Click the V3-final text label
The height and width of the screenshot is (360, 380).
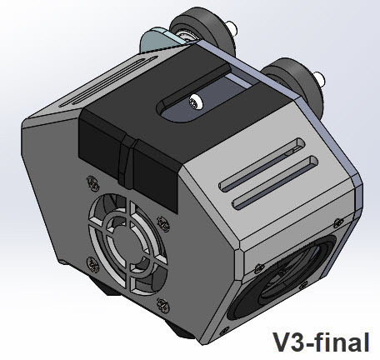point(321,342)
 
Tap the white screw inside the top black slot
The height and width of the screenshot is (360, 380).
point(196,102)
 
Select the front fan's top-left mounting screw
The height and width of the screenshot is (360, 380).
point(92,183)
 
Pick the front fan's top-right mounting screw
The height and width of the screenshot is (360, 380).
point(163,223)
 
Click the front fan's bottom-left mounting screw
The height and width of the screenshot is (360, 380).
point(92,265)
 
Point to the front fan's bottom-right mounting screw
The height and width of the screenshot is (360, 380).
point(163,305)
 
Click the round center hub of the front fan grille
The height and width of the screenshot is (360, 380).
point(127,244)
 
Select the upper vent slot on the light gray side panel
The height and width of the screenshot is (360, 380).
point(262,164)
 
